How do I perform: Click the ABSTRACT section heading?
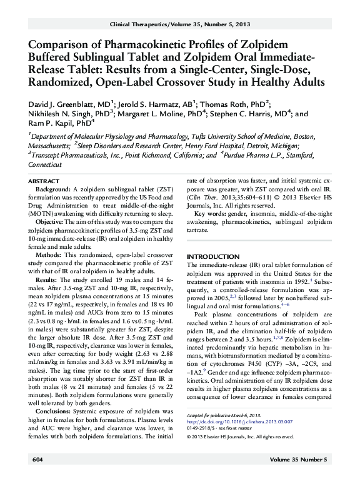click(44, 180)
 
